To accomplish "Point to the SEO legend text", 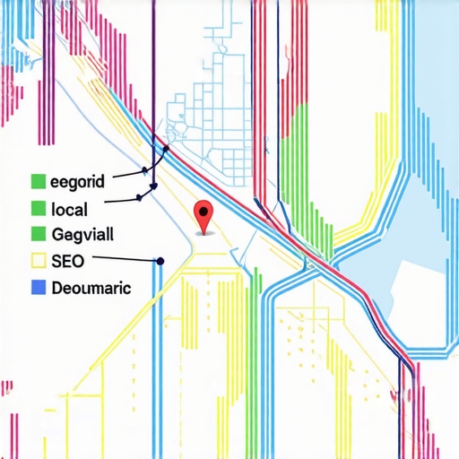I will [66, 261].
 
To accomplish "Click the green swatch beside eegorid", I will [38, 182].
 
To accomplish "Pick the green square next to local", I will [38, 209].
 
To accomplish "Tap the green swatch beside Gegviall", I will [38, 235].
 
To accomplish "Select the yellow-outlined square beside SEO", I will [38, 261].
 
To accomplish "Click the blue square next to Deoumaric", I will [38, 288].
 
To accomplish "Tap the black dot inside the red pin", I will [204, 212].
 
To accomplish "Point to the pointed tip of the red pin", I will [205, 236].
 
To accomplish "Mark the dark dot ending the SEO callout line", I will [160, 261].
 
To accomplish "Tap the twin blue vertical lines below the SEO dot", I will [157, 359].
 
